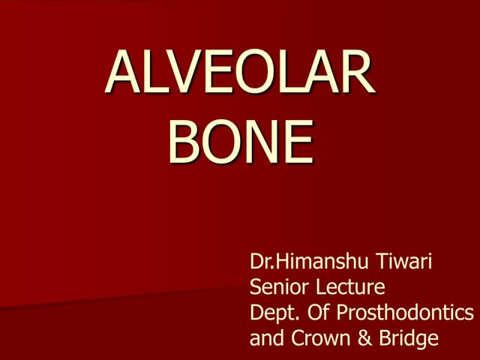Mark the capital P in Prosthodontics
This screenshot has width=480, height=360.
[x=342, y=313]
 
